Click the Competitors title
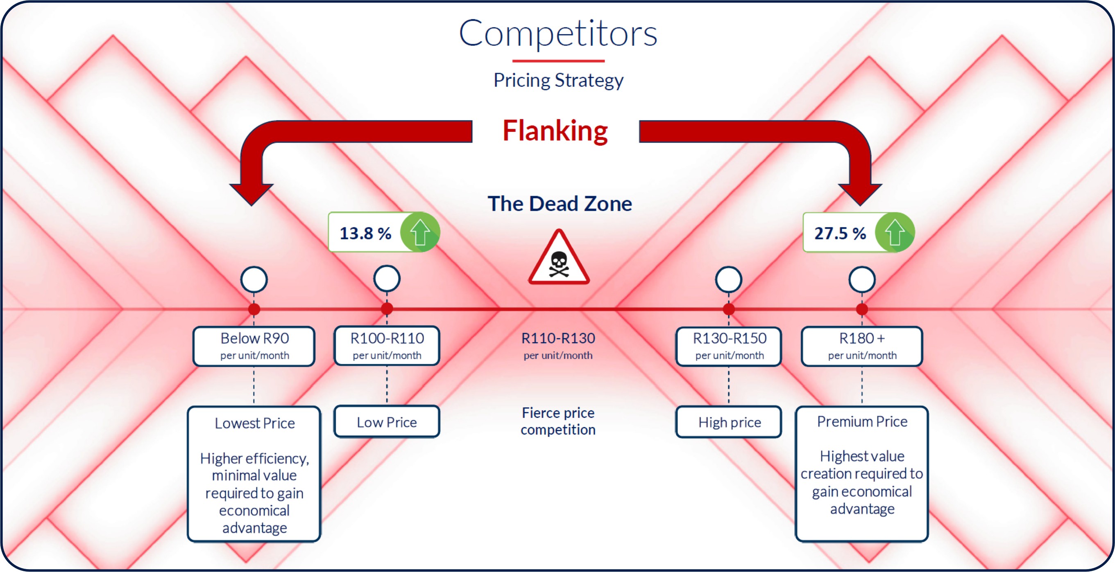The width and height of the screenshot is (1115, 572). (x=558, y=33)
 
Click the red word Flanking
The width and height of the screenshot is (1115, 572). (x=555, y=131)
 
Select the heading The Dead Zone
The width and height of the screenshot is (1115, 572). (x=559, y=204)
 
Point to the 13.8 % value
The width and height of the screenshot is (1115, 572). (x=365, y=234)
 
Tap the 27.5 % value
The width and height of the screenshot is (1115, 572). (x=840, y=234)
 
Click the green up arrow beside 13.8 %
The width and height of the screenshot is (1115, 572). (x=419, y=232)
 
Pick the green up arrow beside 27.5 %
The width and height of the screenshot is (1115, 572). (x=894, y=232)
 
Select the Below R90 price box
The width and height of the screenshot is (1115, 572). (x=254, y=346)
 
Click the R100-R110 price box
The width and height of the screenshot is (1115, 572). (x=387, y=346)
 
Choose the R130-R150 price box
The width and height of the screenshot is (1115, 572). (x=729, y=346)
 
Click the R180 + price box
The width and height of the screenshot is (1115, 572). (x=862, y=346)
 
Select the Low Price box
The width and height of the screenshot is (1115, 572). (x=387, y=422)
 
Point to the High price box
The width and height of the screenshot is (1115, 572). (x=729, y=422)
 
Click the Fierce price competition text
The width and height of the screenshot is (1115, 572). (x=558, y=421)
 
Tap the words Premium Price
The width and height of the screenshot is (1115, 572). (x=862, y=421)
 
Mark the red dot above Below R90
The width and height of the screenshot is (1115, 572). (x=254, y=309)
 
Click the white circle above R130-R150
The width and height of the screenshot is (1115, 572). (x=729, y=279)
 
